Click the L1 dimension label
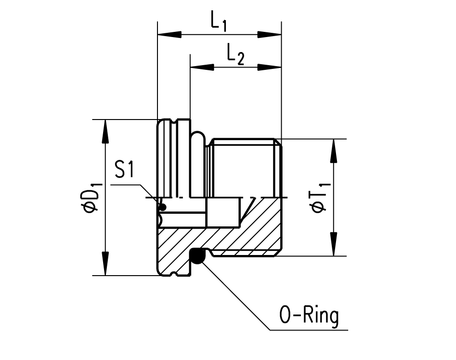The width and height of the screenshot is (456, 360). click(218, 22)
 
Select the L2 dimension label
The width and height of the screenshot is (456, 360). click(235, 54)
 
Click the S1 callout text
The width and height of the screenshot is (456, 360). click(124, 170)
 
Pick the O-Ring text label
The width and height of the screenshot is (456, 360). click(308, 316)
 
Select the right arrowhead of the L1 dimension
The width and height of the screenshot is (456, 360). click(269, 34)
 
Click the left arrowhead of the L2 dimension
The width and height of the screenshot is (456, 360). click(202, 67)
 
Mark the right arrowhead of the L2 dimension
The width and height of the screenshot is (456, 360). click(269, 67)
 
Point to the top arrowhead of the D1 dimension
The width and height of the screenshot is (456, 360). click(105, 131)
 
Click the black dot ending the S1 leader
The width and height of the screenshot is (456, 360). click(162, 207)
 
